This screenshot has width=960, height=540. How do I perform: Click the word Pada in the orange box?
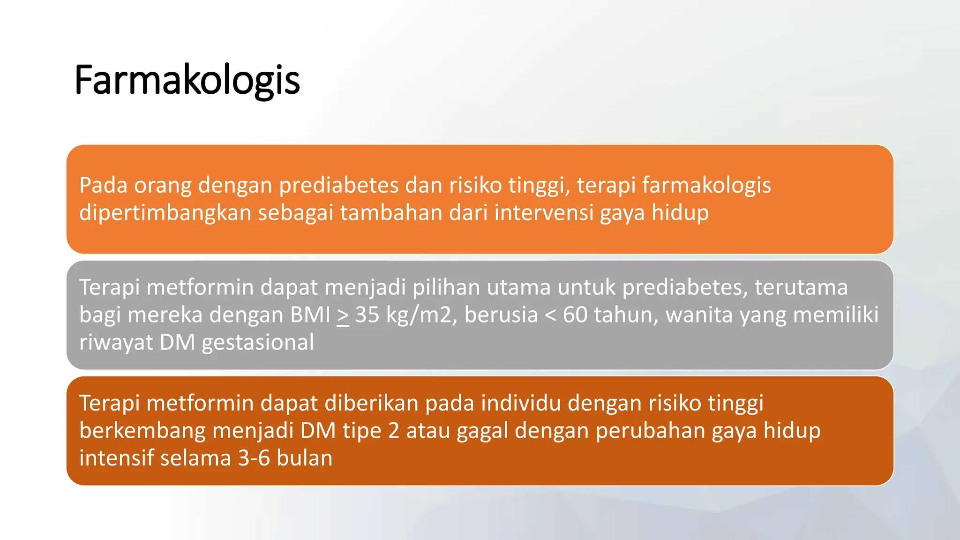(103, 185)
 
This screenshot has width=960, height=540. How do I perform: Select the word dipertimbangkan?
(165, 213)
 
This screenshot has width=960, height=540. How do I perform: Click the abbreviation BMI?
(310, 315)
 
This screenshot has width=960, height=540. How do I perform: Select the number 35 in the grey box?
(367, 315)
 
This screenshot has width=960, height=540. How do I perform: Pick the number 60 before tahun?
(575, 315)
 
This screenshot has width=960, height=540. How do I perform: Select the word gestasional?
(258, 342)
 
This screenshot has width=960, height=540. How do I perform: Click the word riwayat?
(116, 342)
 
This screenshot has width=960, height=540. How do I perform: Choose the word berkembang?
(142, 431)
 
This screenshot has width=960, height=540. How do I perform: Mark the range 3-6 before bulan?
(254, 458)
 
